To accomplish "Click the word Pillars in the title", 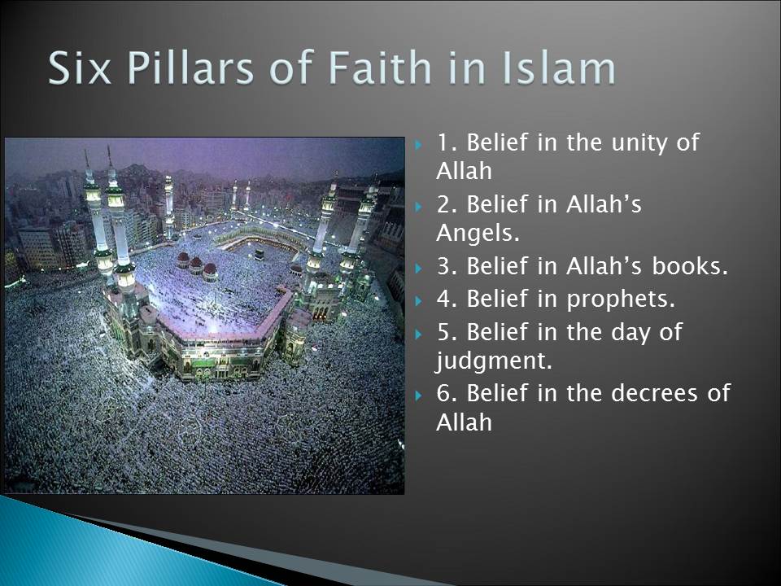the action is click(190, 68).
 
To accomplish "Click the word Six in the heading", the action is click(79, 68).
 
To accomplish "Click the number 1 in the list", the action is click(443, 143).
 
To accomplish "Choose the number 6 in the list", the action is click(443, 394).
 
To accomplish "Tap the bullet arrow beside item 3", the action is click(418, 268).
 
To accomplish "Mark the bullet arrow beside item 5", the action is click(418, 334).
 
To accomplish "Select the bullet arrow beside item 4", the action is click(418, 301).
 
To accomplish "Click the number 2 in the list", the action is click(443, 205).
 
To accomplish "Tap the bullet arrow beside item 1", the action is click(418, 146).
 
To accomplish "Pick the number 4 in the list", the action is click(443, 299).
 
